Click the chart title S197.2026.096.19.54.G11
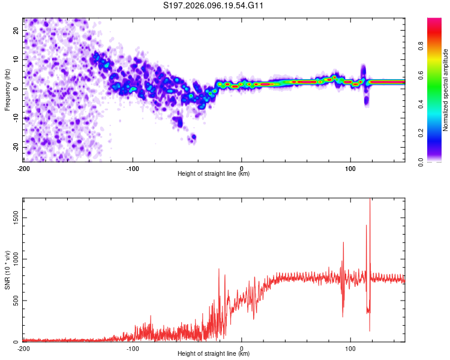[214, 6]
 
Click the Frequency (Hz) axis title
[8, 89]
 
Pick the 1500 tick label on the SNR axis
[13, 220]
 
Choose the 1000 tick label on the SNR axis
[13, 260]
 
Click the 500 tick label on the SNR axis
[14, 301]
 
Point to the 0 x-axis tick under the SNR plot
[242, 349]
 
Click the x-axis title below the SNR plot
[214, 354]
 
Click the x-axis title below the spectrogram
[214, 174]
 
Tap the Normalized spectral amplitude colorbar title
[445, 89]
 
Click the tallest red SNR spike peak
[370, 200]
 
